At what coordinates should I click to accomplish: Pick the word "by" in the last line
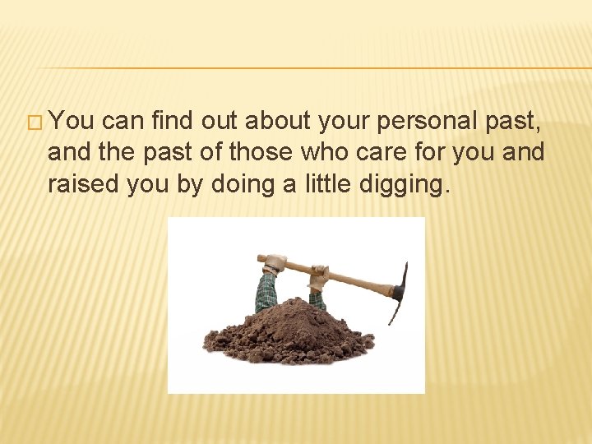[x=188, y=184]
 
